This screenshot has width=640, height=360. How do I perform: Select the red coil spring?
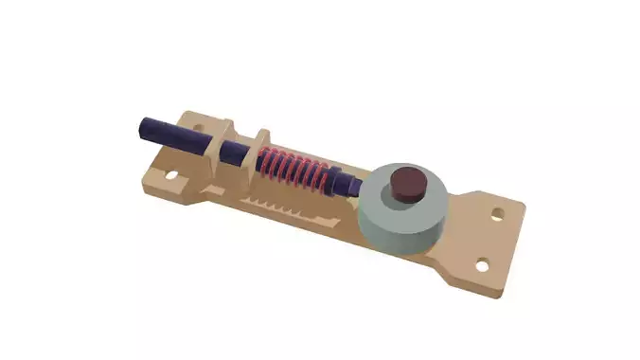[296, 171]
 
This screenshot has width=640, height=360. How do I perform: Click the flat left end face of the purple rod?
[141, 126]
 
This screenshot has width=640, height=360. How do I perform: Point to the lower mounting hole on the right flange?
[483, 264]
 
